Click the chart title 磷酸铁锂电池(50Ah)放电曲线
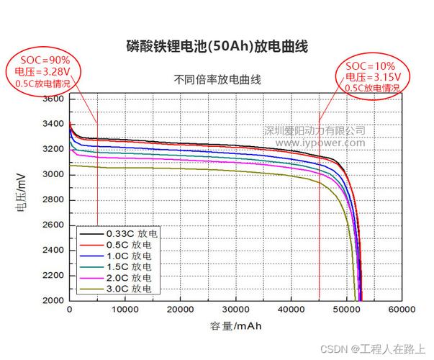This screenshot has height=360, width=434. (217, 48)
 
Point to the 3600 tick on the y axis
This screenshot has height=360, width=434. (53, 99)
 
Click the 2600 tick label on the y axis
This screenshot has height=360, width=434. (53, 225)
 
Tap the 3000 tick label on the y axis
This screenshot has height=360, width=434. (53, 175)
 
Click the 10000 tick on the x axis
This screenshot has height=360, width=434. (125, 310)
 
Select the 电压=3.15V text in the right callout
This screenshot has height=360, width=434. (371, 77)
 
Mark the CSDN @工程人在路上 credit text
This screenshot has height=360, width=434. (377, 347)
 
